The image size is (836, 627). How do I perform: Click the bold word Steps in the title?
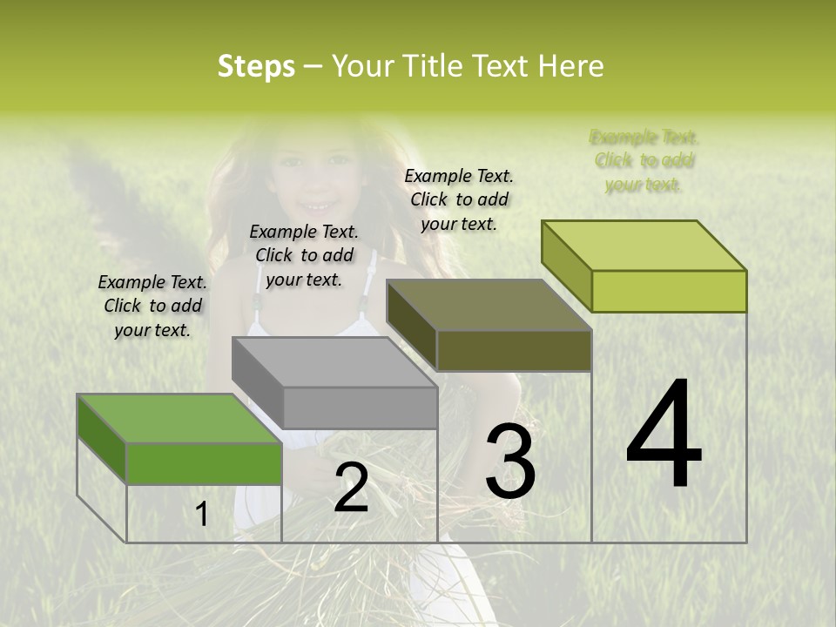click(x=256, y=66)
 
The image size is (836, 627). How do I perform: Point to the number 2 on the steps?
click(x=351, y=487)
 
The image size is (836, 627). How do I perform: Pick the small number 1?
click(x=202, y=515)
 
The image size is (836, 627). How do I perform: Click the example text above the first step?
click(x=152, y=307)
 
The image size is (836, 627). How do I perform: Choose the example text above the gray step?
click(x=304, y=255)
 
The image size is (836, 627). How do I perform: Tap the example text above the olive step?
click(x=459, y=199)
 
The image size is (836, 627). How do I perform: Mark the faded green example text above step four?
click(x=644, y=160)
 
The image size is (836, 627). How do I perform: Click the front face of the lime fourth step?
click(x=669, y=291)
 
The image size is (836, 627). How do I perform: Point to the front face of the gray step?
click(x=360, y=408)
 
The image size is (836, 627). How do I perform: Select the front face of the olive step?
click(x=514, y=350)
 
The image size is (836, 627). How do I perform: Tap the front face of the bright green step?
click(x=204, y=463)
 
